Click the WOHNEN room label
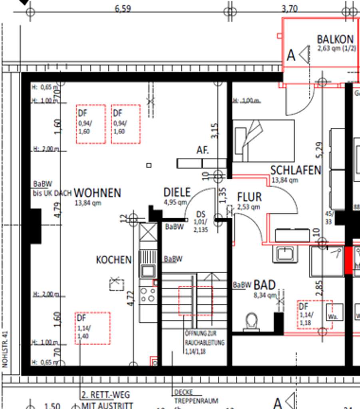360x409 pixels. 97,193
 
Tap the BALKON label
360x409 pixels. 335,39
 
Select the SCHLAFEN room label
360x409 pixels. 296,170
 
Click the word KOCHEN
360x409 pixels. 113,260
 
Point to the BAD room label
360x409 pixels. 265,285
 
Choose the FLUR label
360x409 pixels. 249,197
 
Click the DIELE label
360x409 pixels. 177,193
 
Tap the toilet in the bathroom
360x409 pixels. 251,321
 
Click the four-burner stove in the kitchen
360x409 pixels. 147,294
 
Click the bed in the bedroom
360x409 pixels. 263,141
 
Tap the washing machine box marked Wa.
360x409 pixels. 334,312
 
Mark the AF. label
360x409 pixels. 203,150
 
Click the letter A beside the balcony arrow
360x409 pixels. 291,56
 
